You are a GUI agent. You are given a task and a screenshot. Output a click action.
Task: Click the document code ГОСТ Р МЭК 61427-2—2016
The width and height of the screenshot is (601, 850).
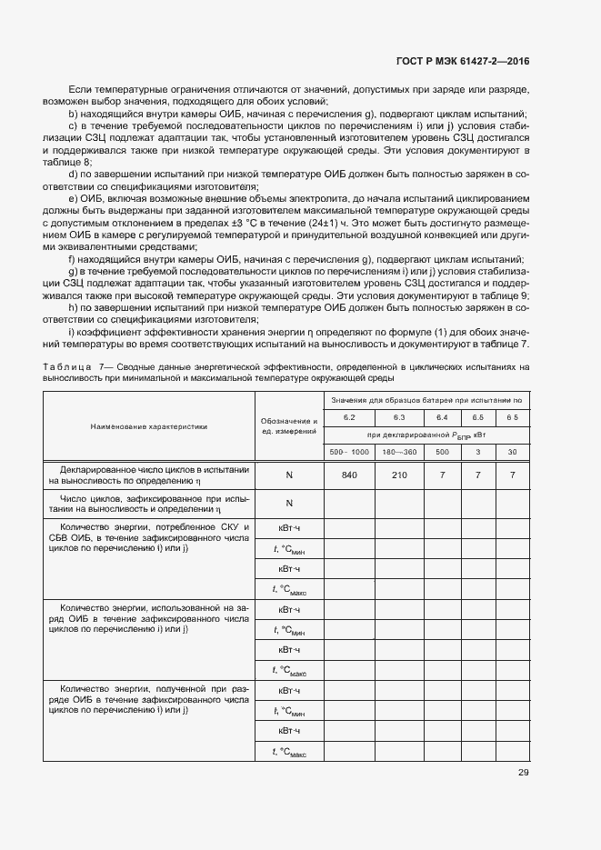pos(463,61)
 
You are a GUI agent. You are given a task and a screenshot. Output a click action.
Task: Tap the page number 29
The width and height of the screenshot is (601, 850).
pos(523,773)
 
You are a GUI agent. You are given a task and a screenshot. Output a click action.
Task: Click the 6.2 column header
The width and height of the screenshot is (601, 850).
pos(349,416)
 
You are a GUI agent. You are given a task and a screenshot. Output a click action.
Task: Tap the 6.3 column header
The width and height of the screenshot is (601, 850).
pos(398,416)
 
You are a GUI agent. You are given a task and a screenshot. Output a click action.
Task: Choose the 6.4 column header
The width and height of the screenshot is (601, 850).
pos(443,416)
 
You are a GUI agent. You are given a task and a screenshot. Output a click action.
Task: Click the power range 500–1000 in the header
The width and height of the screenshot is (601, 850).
pos(349,452)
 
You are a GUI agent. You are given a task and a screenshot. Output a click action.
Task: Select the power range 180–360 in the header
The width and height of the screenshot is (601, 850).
pos(398,452)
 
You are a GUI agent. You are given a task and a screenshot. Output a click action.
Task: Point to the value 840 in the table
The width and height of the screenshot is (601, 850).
pos(349,475)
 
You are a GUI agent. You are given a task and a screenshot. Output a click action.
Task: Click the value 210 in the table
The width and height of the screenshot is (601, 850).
pos(398,475)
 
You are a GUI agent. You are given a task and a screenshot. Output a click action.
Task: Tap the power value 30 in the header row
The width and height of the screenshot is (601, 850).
pos(513,452)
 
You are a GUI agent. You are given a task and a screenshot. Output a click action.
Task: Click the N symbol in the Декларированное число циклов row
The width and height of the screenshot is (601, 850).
pos(289,475)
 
